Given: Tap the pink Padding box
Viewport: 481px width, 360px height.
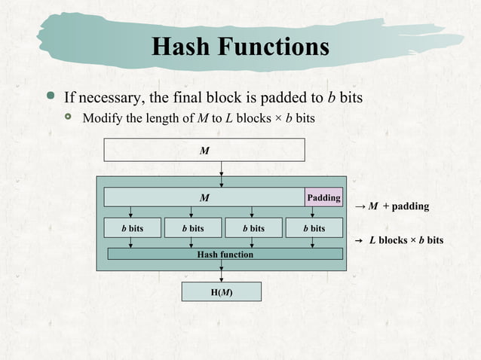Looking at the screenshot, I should pyautogui.click(x=323, y=197).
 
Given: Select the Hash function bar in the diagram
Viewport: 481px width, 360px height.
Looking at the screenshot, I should pyautogui.click(x=225, y=254).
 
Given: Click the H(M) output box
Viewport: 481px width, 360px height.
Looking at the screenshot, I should pyautogui.click(x=221, y=291).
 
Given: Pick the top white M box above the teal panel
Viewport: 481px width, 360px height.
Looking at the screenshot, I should pyautogui.click(x=204, y=151).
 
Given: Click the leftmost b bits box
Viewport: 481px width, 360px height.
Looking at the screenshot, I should pyautogui.click(x=131, y=227).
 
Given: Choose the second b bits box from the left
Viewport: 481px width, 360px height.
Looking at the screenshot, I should pyautogui.click(x=192, y=227).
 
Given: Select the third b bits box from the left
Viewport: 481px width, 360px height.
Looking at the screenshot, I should pyautogui.click(x=252, y=227).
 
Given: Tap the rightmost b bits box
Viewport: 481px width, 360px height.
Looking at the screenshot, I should pyautogui.click(x=314, y=227).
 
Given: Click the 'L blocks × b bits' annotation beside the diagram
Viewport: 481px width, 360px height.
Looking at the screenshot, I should pyautogui.click(x=406, y=240).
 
